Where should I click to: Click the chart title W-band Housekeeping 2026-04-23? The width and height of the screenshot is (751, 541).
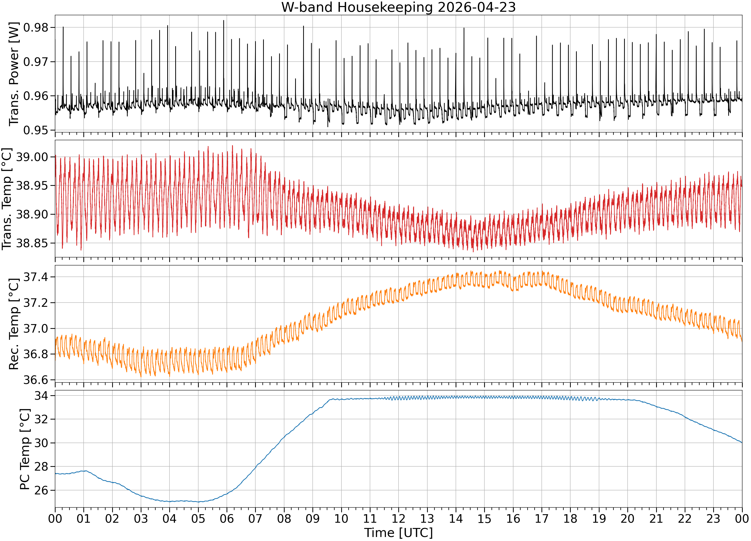[398, 7]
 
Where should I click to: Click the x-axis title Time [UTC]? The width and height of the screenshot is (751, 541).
[398, 533]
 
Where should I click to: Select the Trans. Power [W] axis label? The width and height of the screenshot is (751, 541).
[14, 74]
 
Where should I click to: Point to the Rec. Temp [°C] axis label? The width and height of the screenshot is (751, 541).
[14, 324]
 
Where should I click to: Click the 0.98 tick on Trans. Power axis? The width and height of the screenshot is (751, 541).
[36, 28]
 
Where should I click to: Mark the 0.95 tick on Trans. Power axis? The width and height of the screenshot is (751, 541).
[36, 130]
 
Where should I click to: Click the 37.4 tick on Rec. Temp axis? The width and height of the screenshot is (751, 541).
[36, 277]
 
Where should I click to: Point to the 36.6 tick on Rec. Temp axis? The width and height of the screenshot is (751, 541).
[36, 380]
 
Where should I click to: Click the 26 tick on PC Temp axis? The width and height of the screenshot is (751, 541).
[41, 490]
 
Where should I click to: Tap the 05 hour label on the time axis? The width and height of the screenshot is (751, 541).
[198, 518]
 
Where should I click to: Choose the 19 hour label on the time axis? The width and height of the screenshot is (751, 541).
[599, 518]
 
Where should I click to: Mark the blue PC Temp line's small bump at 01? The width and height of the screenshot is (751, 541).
[85, 471]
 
